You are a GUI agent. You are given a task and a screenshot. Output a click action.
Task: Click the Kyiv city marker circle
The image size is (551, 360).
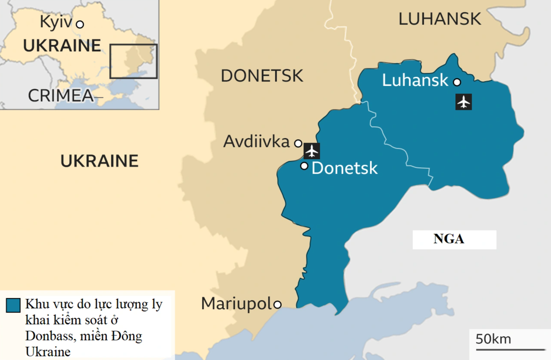click(80, 25)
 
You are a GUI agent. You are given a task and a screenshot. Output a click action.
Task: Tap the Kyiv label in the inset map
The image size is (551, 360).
click(56, 22)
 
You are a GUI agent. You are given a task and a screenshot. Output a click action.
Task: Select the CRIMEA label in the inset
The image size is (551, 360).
click(61, 96)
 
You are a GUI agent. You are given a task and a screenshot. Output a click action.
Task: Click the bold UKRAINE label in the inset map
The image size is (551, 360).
click(62, 46)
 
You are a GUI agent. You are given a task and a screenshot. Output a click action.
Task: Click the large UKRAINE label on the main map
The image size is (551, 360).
click(99, 161)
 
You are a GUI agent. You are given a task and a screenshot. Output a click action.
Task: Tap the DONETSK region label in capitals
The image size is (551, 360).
click(262, 76)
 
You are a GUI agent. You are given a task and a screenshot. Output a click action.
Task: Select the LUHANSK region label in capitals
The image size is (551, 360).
click(440, 19)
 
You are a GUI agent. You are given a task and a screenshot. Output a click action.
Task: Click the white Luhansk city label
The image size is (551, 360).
click(415, 80)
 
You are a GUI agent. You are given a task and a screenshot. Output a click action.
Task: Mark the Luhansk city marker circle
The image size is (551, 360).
click(457, 82)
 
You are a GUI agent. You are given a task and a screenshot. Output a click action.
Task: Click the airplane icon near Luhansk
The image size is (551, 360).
click(464, 102)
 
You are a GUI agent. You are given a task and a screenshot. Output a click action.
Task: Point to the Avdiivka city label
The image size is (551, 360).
click(256, 142)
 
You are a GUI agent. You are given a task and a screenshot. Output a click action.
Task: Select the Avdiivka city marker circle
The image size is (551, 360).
click(298, 143)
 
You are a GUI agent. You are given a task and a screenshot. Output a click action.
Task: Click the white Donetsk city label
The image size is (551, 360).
click(344, 168)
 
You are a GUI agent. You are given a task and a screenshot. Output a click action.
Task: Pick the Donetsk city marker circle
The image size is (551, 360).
click(304, 166)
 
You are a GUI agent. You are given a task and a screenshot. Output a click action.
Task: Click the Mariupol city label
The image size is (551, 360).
click(237, 304)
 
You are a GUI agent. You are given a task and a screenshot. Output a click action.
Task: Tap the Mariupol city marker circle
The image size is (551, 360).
click(277, 305)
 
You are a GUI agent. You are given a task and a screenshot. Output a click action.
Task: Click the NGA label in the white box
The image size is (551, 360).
click(449, 239)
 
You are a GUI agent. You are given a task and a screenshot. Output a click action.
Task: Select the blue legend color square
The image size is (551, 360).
click(13, 305)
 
